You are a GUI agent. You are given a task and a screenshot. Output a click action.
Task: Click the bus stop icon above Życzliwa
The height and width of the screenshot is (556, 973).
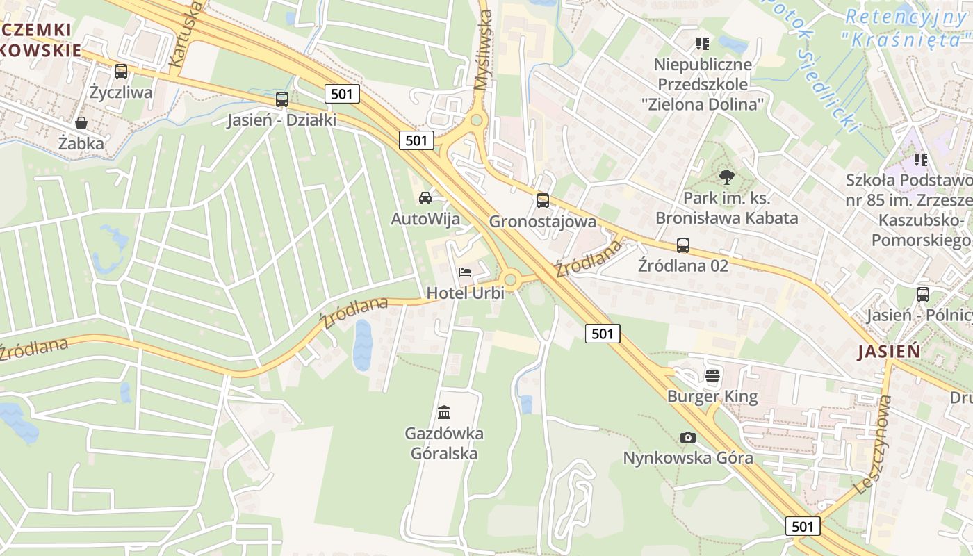click(x=121, y=71)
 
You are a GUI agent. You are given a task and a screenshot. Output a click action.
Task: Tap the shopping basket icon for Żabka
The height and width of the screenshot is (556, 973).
click(x=81, y=123)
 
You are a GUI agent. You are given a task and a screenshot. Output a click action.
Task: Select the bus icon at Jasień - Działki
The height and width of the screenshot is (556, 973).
click(x=281, y=99)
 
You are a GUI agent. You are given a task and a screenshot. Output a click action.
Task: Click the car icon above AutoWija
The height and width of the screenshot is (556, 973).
click(x=425, y=197)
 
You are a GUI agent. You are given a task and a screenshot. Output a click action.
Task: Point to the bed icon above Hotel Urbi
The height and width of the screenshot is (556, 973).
click(x=465, y=272)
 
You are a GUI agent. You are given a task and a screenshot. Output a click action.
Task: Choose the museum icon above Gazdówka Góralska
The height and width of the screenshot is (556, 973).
click(x=444, y=412)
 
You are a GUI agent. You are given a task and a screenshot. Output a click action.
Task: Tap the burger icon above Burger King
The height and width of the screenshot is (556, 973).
click(x=712, y=376)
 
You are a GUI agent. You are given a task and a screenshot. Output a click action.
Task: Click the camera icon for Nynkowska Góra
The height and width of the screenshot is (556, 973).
click(x=688, y=437)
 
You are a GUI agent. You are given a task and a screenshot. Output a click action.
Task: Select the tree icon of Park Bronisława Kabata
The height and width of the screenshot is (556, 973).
click(x=727, y=177)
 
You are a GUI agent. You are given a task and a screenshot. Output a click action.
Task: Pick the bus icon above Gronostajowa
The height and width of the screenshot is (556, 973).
click(x=543, y=201)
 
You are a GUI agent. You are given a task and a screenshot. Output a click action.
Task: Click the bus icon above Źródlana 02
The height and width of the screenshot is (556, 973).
click(x=683, y=245)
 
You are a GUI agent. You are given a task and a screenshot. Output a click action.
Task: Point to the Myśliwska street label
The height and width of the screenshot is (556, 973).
click(x=483, y=51)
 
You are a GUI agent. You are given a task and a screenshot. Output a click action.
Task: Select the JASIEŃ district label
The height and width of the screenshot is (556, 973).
click(x=889, y=352)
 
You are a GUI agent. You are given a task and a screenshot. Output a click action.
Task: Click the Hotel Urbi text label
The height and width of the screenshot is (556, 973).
click(x=465, y=293)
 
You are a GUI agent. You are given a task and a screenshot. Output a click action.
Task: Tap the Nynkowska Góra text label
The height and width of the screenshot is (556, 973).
click(x=688, y=458)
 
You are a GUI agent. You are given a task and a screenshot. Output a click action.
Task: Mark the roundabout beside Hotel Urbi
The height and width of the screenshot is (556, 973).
click(x=512, y=280)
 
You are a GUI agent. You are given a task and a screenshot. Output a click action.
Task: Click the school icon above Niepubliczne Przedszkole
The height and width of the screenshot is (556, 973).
click(x=703, y=44)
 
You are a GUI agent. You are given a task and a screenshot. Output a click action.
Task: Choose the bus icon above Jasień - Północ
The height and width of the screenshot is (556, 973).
click(x=923, y=294)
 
